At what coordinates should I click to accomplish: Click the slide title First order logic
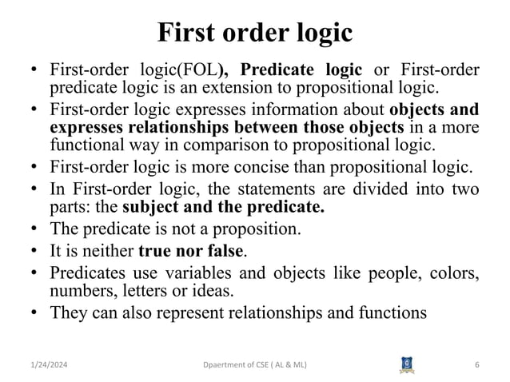[254, 33]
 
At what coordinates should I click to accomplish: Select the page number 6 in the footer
[476, 365]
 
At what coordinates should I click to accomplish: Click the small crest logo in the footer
[405, 364]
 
